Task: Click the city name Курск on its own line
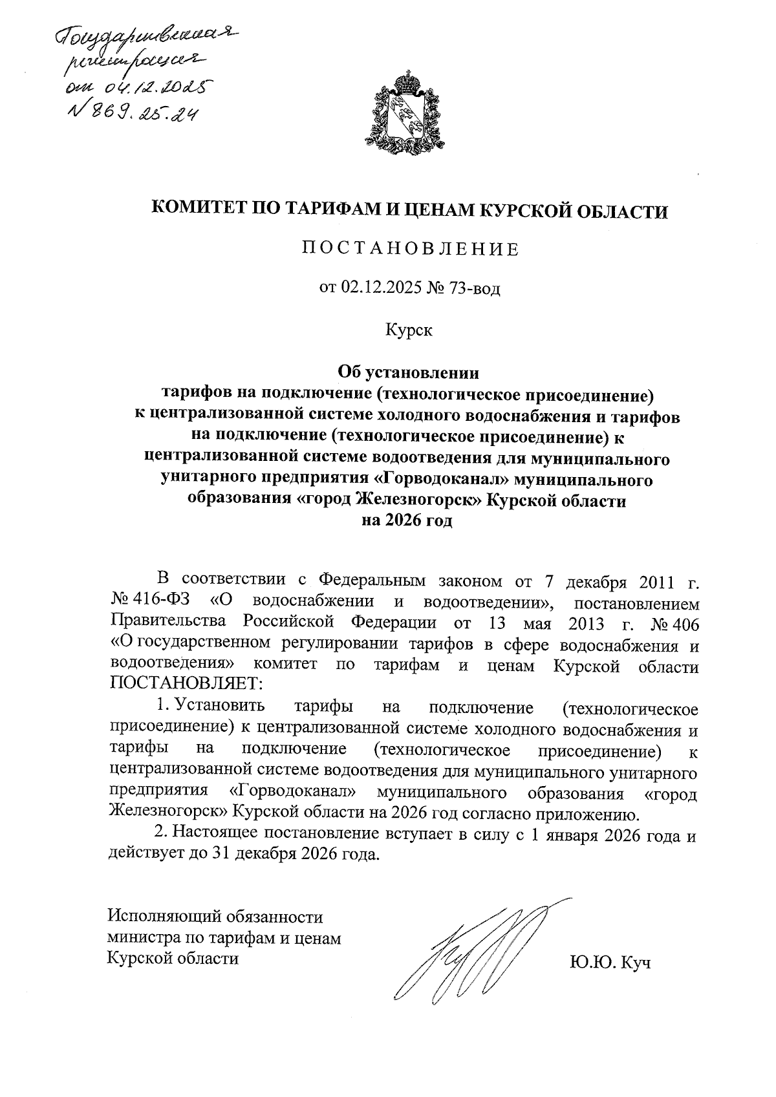pyautogui.click(x=409, y=330)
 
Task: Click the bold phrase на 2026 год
pyautogui.click(x=407, y=521)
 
